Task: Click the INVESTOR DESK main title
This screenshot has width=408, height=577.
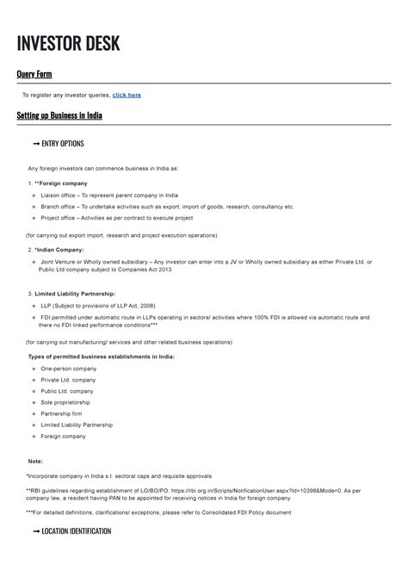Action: tap(69, 43)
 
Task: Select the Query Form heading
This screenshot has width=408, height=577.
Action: tap(34, 75)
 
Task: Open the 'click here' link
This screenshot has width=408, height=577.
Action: tap(127, 95)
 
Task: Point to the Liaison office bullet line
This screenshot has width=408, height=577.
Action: tap(109, 195)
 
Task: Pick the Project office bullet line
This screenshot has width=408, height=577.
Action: tap(129, 218)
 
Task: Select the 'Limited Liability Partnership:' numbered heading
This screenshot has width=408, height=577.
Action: tap(77, 294)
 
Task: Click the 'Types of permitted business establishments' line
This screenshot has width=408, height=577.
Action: tap(102, 356)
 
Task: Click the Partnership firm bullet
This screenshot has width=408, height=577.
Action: tap(64, 413)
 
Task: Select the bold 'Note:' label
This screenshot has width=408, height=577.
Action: tap(35, 461)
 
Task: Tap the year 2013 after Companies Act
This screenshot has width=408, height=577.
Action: tap(162, 270)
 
